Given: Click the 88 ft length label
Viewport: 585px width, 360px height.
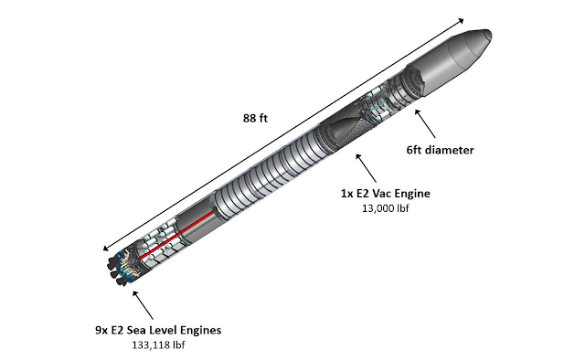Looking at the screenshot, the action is click(255, 118).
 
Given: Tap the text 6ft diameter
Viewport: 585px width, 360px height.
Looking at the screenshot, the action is click(440, 150).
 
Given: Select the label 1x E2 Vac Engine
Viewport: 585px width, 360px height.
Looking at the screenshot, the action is click(385, 194).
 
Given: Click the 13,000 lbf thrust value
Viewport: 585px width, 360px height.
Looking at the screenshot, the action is click(385, 208).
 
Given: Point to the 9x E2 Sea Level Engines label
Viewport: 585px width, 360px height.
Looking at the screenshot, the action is click(158, 330).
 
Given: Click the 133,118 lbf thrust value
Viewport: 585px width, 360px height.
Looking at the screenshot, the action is click(158, 345).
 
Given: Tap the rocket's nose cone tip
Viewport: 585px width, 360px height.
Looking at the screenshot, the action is click(491, 36).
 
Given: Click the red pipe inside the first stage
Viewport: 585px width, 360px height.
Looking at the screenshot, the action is click(177, 235).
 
